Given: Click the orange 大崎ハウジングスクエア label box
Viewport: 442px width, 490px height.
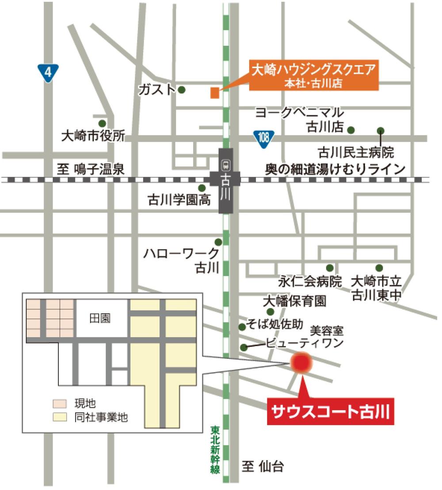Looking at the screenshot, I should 313,75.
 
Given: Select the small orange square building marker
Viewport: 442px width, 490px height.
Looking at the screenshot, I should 214,93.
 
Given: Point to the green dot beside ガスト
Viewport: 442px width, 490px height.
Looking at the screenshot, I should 182,90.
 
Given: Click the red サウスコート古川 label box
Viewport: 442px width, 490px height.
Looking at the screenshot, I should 331,412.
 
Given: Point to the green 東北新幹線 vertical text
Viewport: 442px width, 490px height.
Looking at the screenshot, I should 215,449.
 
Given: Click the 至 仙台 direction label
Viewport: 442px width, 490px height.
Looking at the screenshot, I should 263,466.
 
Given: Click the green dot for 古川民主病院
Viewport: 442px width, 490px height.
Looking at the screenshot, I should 381,130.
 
